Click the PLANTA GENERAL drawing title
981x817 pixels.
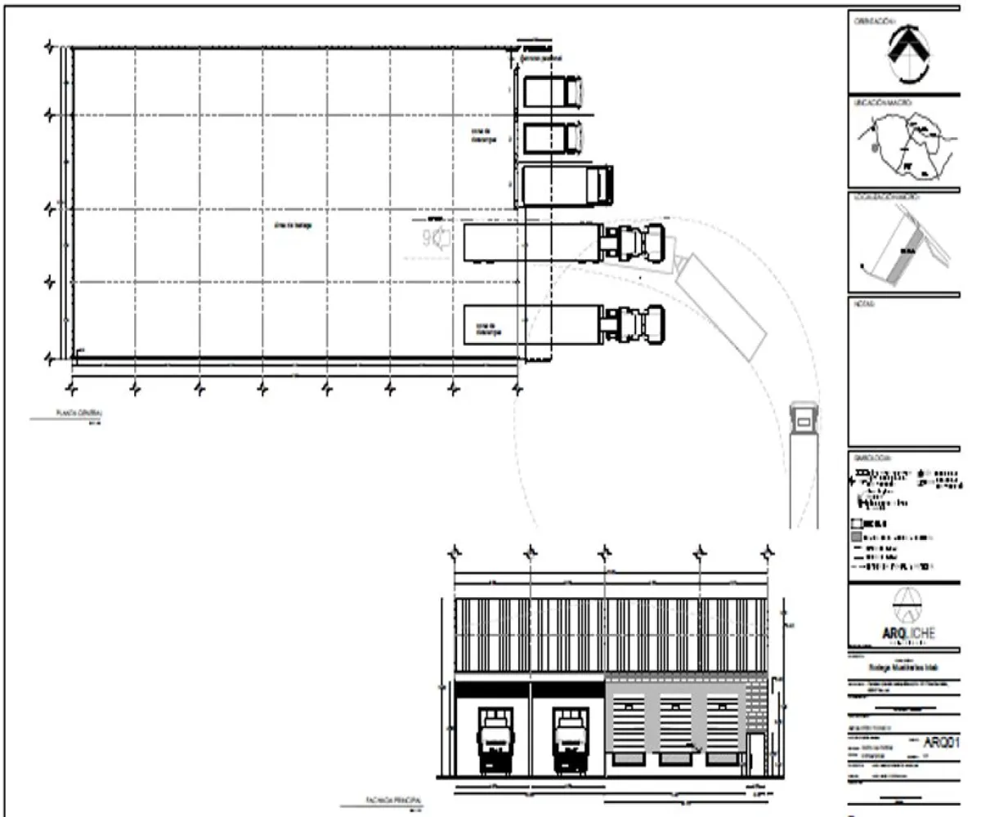pos(72,414)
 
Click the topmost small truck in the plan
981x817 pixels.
pos(553,91)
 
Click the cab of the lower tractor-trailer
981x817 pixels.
pos(637,321)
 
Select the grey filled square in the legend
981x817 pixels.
pos(856,538)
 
